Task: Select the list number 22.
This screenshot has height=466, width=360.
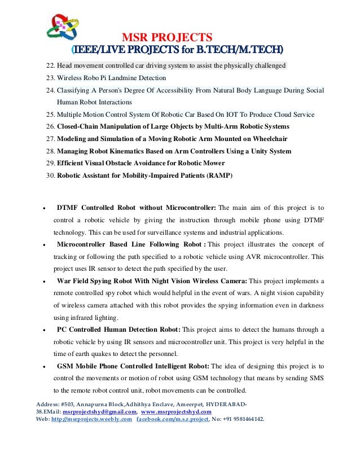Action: (x=50, y=65)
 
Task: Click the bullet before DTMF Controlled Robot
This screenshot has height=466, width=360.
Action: (x=44, y=208)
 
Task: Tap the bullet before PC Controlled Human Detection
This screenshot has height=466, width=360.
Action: (x=44, y=330)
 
